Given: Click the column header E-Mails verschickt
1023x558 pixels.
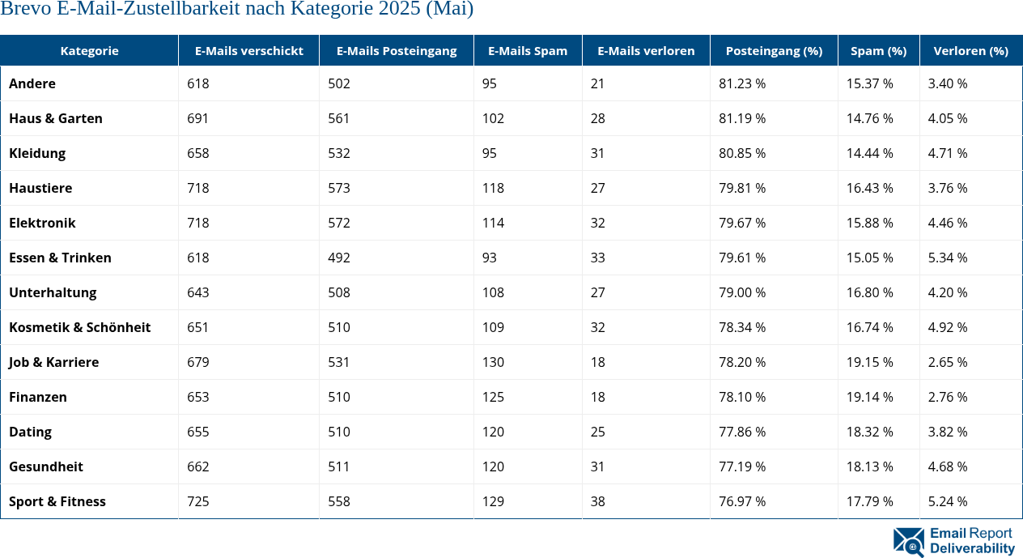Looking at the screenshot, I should (248, 50).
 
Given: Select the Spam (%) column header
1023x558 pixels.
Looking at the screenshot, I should (878, 50).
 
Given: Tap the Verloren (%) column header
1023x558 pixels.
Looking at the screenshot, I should (970, 50).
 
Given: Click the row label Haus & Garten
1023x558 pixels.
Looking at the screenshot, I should (56, 118).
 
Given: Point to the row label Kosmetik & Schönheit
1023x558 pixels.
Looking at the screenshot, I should (79, 327).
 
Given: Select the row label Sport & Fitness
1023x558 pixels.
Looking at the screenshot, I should (57, 501).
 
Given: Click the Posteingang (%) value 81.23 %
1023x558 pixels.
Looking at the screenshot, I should (742, 83).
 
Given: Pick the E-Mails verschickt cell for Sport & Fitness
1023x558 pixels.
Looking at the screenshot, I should (198, 501).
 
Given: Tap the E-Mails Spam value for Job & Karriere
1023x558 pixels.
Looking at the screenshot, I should (493, 362).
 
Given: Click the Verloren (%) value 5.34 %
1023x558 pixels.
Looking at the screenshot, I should (948, 258).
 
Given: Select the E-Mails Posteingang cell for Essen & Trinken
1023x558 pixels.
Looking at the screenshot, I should (339, 258).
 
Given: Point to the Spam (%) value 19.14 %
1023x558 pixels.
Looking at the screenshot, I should (870, 397).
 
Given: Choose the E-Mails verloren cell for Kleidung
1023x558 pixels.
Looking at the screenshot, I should (598, 153).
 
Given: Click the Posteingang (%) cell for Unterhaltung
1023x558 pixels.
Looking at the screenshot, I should (742, 292).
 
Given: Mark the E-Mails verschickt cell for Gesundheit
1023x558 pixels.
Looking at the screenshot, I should (198, 466).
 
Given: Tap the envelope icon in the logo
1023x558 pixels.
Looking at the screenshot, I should (908, 542).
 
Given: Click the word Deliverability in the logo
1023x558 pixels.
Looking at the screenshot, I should (972, 548).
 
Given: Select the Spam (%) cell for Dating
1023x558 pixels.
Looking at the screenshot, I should (870, 432).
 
